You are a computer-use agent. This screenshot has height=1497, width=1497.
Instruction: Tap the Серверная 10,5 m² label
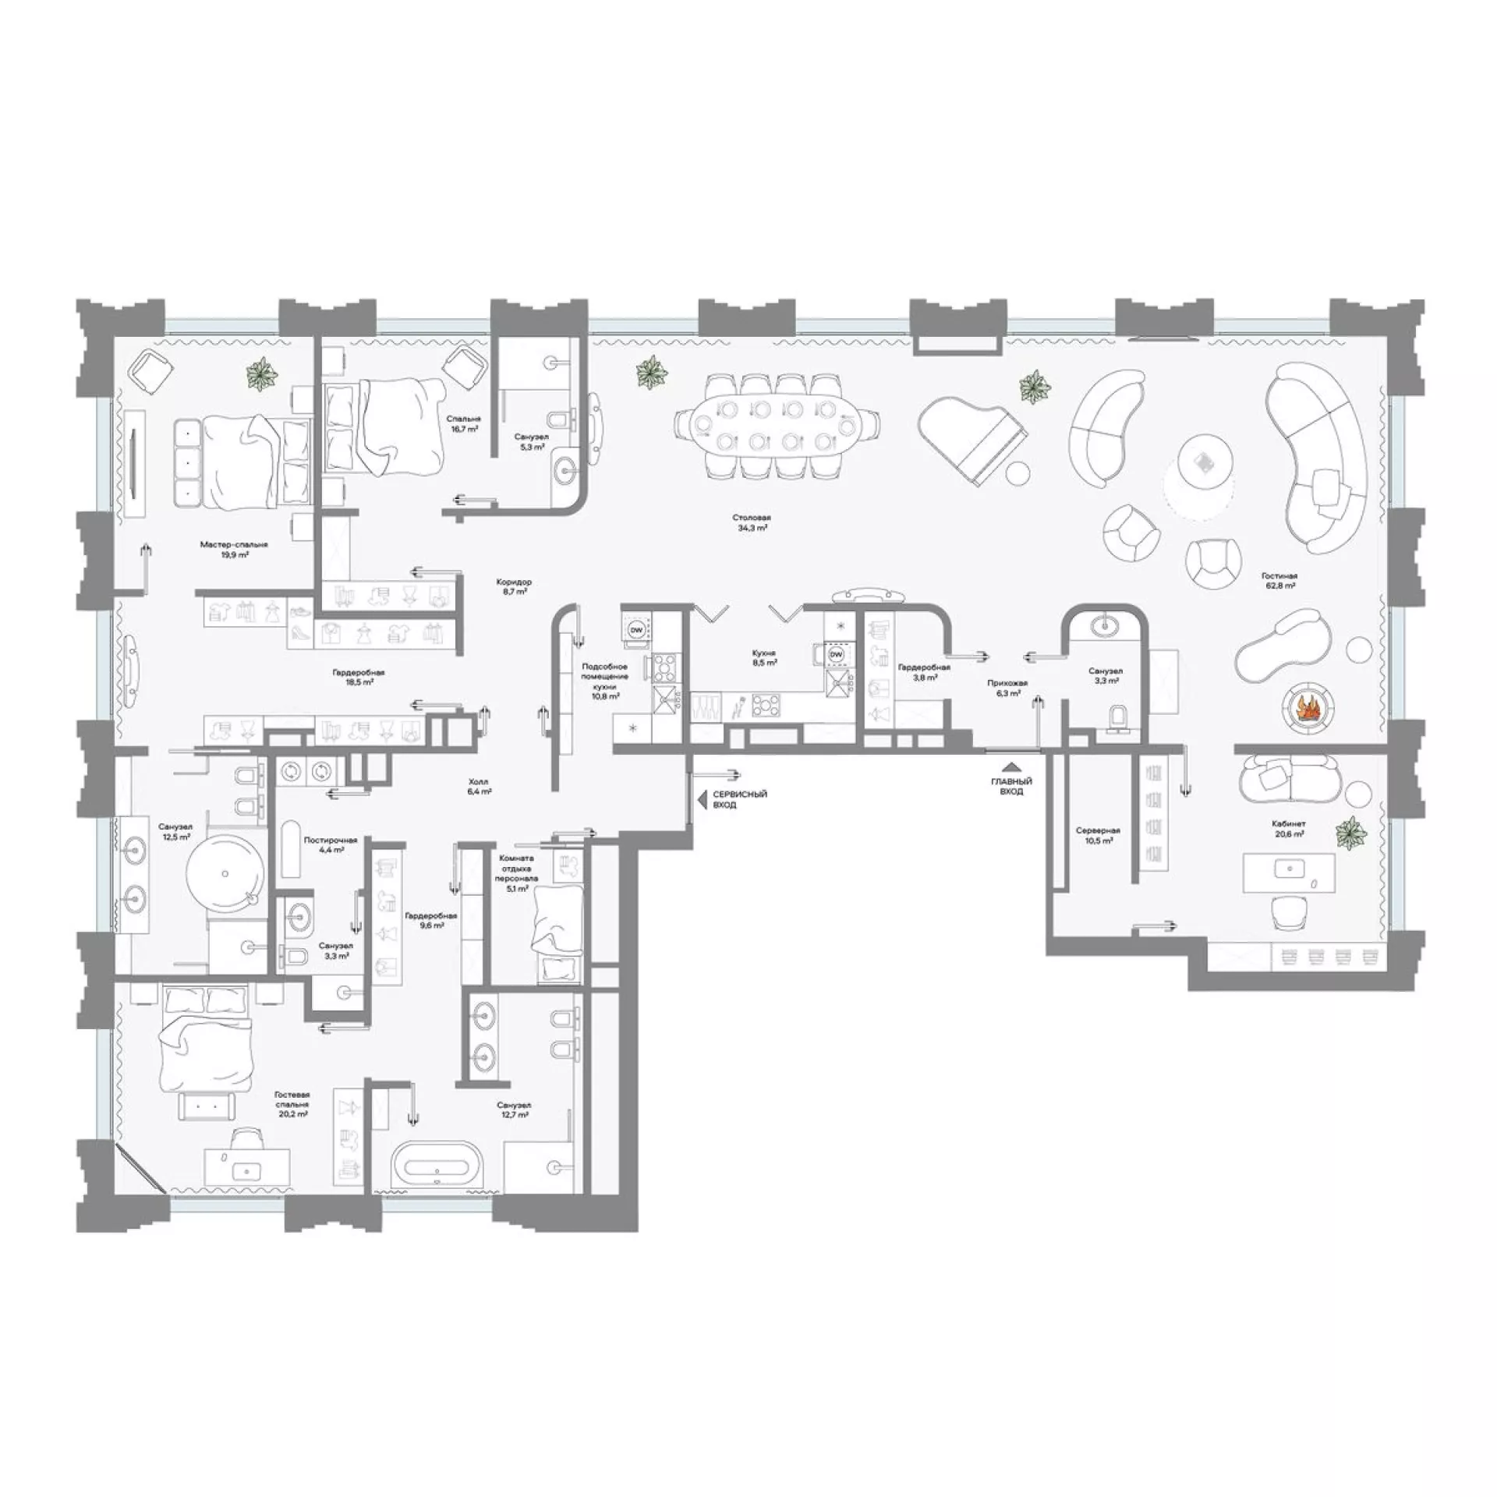pos(1097,836)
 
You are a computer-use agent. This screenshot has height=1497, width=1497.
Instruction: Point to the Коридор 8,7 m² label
pos(513,586)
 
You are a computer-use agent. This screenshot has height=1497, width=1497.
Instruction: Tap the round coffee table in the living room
pos(1205,464)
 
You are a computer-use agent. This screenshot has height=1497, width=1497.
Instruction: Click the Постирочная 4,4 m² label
pos(331,845)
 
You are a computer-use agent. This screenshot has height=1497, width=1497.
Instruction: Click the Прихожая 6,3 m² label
pos(1008,688)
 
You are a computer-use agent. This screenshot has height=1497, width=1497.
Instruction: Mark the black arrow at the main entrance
pos(1011,767)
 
